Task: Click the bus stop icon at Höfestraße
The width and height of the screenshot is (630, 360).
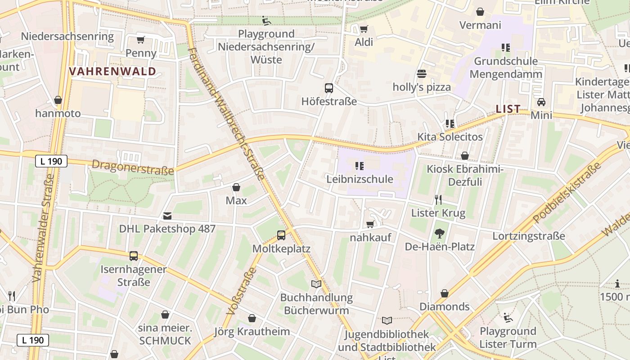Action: point(329,88)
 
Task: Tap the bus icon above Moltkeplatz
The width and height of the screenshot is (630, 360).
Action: point(281,235)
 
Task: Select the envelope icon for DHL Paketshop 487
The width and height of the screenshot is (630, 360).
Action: point(167,216)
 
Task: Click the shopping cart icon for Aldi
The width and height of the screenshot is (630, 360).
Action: point(364,29)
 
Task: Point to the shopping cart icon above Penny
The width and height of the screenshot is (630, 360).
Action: point(141,40)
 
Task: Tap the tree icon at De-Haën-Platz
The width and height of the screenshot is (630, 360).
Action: point(439,234)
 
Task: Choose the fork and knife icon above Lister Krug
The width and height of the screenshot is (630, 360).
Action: point(438,199)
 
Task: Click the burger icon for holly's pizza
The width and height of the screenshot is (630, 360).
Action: point(422,74)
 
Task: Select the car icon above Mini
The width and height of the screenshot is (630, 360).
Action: point(541,102)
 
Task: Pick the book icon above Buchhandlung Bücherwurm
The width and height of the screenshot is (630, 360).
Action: point(316,284)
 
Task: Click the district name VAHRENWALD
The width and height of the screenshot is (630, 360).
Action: point(112,71)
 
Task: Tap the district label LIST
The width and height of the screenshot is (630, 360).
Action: point(508,109)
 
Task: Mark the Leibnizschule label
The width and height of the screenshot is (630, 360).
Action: point(360,179)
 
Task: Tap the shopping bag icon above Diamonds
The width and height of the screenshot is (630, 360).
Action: point(445,293)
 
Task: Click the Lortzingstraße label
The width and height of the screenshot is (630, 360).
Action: point(528,236)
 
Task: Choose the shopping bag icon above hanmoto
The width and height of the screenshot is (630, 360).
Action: point(58,100)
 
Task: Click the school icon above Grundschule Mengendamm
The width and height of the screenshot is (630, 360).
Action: point(505,48)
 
